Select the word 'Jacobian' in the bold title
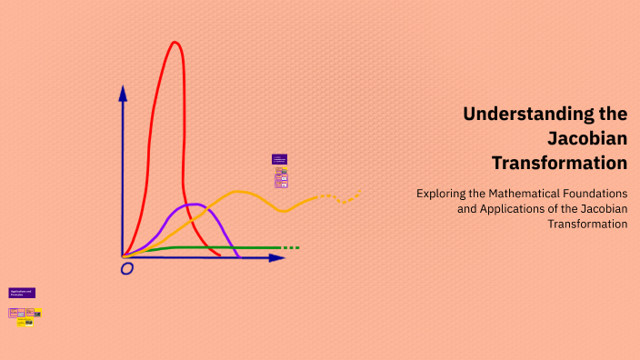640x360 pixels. [587, 139]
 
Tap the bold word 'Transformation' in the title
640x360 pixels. [559, 164]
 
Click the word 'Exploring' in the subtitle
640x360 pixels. [441, 194]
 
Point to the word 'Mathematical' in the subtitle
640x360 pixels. [520, 194]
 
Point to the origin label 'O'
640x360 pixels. [126, 269]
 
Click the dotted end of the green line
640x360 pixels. [290, 247]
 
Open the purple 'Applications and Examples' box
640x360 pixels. [22, 293]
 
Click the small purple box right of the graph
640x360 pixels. [279, 159]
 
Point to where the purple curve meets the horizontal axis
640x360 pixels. [238, 257]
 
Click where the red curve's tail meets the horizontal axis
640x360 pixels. [219, 255]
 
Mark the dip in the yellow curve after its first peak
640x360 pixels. [284, 211]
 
